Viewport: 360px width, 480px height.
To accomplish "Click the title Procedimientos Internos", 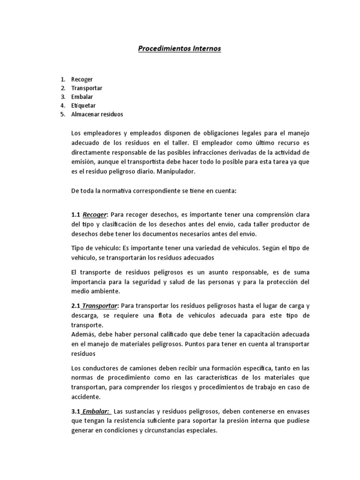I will (x=180, y=48).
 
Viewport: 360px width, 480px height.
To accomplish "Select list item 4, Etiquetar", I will (x=83, y=105).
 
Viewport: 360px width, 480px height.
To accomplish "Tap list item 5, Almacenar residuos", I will (x=97, y=114).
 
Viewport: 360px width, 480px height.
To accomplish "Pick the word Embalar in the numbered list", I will (x=82, y=97).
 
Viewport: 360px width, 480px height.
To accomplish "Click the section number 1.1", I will (x=76, y=215).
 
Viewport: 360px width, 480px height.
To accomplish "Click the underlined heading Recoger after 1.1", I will (x=95, y=215).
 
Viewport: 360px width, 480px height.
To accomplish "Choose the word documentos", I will (x=151, y=234).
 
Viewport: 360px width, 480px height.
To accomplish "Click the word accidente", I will (x=85, y=397).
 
